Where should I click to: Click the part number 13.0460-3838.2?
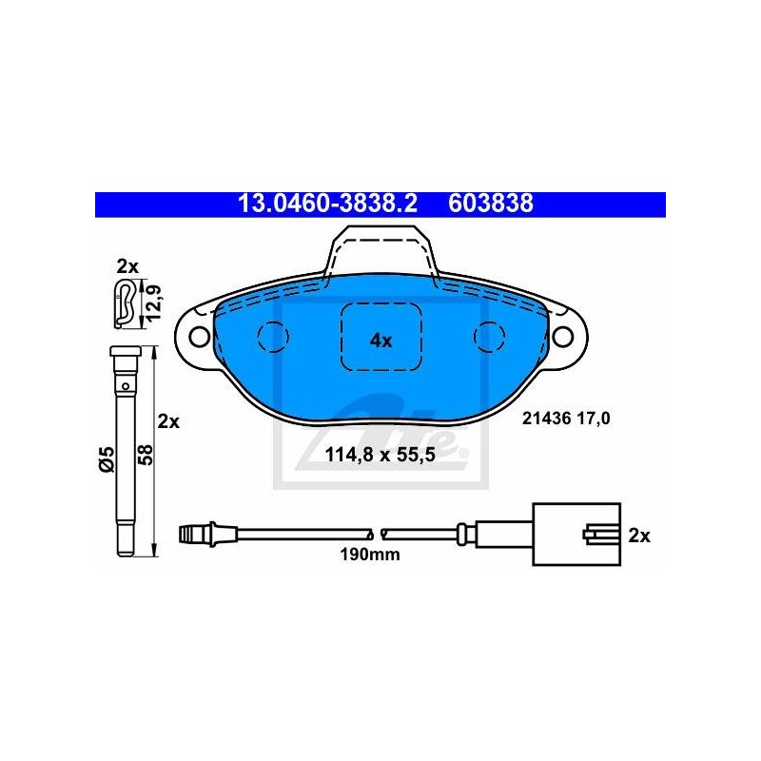[x=327, y=204]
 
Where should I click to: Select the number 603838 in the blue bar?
[x=490, y=204]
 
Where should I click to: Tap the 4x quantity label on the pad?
[x=381, y=341]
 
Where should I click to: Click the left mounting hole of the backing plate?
[x=199, y=336]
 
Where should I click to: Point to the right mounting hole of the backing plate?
[x=562, y=336]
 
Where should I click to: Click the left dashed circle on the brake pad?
[x=273, y=336]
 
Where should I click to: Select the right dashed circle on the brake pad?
[x=489, y=336]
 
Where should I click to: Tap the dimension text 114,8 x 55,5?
[x=380, y=456]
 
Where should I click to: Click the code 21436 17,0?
[x=566, y=419]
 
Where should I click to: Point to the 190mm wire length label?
[x=370, y=555]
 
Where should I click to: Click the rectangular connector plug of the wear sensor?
[x=576, y=535]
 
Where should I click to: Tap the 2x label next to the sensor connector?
[x=639, y=536]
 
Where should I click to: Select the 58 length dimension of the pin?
[x=146, y=455]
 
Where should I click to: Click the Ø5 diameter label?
[x=106, y=459]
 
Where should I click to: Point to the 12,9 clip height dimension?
[x=154, y=303]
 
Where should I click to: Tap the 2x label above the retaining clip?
[x=127, y=266]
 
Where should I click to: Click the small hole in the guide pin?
[x=126, y=386]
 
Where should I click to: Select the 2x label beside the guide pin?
[x=168, y=421]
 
